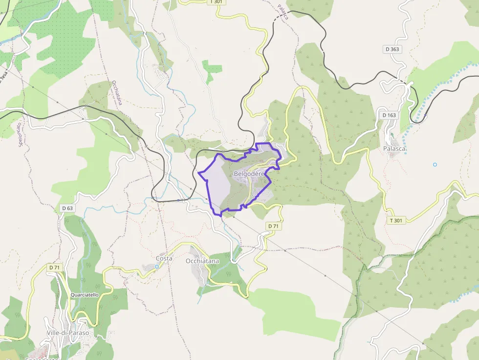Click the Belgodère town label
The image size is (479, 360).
249,173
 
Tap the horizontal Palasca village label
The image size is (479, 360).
394,148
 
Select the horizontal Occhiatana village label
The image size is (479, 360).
202,261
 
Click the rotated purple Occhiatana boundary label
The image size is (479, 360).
116,93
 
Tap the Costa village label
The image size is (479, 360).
164,258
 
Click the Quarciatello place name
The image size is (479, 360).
85,295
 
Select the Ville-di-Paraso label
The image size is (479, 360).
68,333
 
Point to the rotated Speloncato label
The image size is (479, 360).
20,134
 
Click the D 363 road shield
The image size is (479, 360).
392,49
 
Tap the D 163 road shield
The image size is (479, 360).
389,115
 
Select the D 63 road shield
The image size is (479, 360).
67,208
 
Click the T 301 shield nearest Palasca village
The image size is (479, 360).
396,220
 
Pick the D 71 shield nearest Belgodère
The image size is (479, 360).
273,226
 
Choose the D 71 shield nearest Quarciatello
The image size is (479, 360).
54,267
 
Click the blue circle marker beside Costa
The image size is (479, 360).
156,266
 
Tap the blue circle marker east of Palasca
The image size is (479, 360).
435,164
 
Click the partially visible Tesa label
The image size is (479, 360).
4,75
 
